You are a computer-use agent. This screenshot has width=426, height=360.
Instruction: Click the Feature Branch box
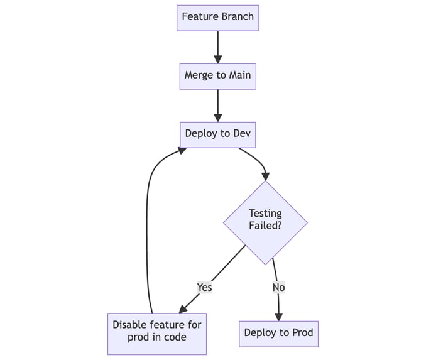[x=217, y=17]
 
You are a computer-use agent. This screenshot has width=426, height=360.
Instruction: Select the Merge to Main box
[x=217, y=75]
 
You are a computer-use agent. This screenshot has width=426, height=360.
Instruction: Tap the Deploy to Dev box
[x=217, y=134]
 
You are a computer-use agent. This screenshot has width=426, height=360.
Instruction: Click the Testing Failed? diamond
[x=265, y=221]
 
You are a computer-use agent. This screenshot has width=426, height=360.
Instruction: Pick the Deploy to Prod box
[x=278, y=332]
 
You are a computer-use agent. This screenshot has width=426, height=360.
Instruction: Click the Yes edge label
[x=204, y=287]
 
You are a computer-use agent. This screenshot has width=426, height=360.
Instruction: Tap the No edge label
[x=278, y=287]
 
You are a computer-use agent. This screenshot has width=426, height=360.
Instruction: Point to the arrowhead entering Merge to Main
[x=217, y=58]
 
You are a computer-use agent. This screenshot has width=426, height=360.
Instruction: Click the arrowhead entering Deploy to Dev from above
[x=217, y=117]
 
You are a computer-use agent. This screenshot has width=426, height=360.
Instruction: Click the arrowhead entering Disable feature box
[x=184, y=308]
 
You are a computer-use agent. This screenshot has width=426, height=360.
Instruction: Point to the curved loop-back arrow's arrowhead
[x=182, y=150]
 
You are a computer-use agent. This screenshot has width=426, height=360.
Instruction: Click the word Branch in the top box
[x=237, y=17]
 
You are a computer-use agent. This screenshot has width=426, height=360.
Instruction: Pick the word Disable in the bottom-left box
[x=130, y=325]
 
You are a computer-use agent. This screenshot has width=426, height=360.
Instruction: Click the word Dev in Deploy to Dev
[x=241, y=134]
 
